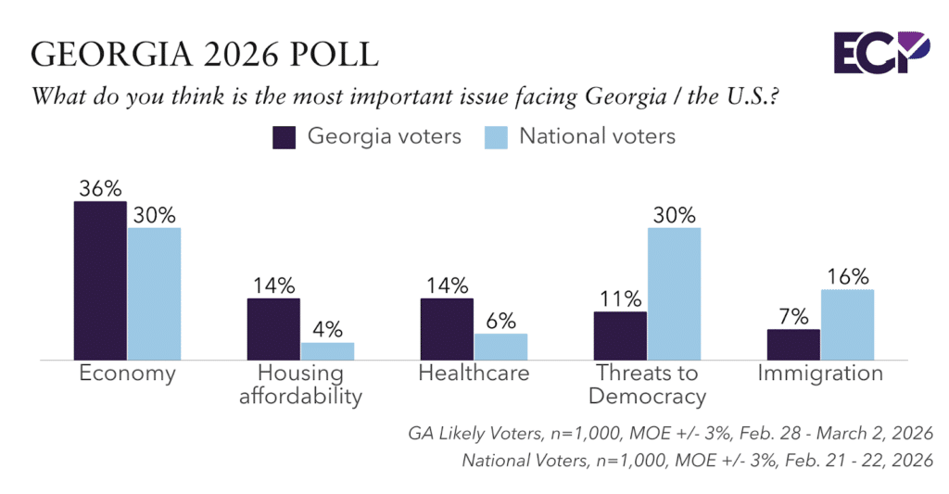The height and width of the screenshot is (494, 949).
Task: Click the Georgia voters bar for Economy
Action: (x=100, y=280)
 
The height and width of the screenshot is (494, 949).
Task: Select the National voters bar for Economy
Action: (x=154, y=293)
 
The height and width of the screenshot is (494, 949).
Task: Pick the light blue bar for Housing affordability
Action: (x=327, y=350)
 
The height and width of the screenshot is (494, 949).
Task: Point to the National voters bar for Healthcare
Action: (x=500, y=346)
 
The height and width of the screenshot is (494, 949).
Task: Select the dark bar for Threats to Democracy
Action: (x=620, y=335)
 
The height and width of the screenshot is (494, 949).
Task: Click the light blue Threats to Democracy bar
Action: (x=674, y=293)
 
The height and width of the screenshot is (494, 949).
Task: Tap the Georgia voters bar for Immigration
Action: (x=793, y=344)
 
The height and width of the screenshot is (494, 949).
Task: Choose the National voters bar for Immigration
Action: (x=847, y=323)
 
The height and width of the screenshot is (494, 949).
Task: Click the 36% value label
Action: (x=100, y=188)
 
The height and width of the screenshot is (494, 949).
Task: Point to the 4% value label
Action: (x=327, y=329)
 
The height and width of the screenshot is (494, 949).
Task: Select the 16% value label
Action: (x=847, y=276)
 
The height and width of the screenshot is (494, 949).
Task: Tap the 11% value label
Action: (x=620, y=298)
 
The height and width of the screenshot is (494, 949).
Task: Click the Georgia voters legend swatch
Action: (x=284, y=137)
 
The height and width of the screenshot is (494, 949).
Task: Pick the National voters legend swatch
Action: (x=496, y=137)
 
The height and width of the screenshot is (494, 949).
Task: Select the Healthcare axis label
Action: (x=474, y=374)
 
